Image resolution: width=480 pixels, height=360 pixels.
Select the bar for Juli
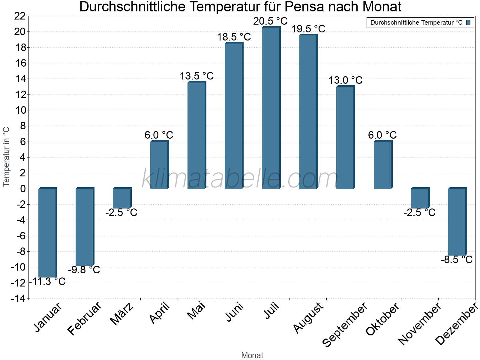[271, 108]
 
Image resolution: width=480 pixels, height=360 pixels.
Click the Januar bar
[47, 232]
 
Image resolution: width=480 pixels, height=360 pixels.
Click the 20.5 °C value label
[270, 21]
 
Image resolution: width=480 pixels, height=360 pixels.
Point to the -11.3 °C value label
[47, 282]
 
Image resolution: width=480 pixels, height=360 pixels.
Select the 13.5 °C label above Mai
[196, 76]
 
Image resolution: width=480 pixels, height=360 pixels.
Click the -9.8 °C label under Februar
[84, 270]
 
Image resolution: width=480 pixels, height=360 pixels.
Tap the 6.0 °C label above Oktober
[382, 135]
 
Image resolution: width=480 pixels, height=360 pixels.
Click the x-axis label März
[122, 314]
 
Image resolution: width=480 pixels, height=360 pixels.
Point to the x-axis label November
[419, 324]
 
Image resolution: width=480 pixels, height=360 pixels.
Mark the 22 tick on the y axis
[20, 16]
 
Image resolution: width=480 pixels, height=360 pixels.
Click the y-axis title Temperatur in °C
[6, 157]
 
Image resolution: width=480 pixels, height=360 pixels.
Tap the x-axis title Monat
[252, 355]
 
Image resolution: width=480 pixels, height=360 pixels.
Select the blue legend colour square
[468, 22]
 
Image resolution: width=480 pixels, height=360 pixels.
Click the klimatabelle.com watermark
[240, 178]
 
